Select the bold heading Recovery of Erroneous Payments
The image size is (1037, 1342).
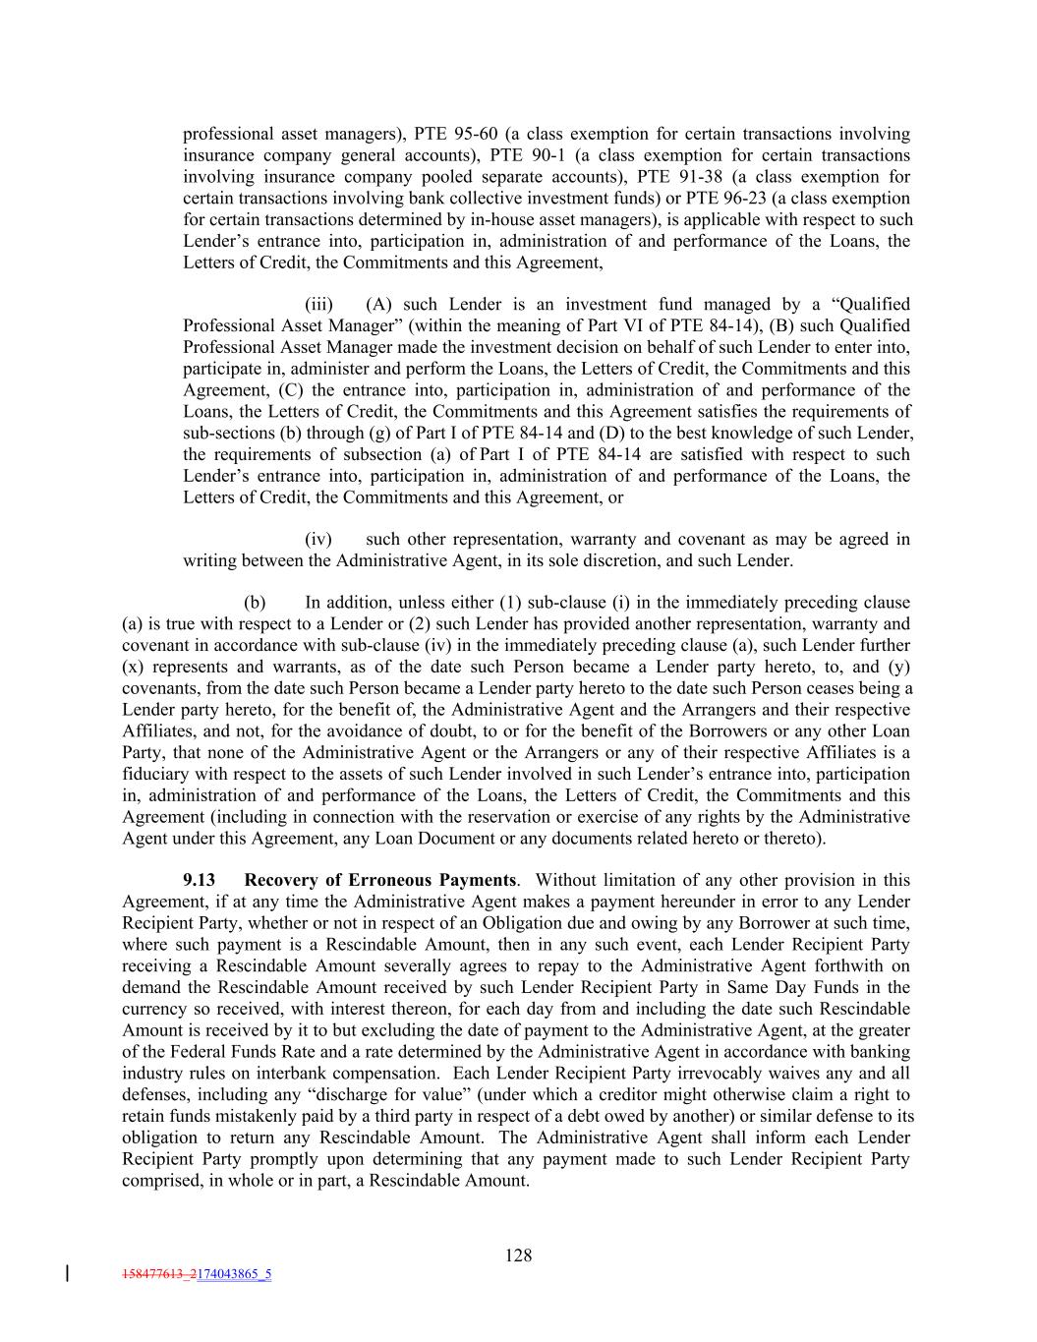pyautogui.click(x=379, y=880)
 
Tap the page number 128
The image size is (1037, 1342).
pyautogui.click(x=518, y=1254)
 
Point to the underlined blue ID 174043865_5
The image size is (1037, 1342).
pyautogui.click(x=234, y=1274)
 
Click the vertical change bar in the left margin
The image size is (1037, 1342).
pyautogui.click(x=66, y=1274)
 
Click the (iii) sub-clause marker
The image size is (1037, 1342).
pyautogui.click(x=318, y=304)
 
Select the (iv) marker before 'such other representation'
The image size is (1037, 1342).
pyautogui.click(x=318, y=539)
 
